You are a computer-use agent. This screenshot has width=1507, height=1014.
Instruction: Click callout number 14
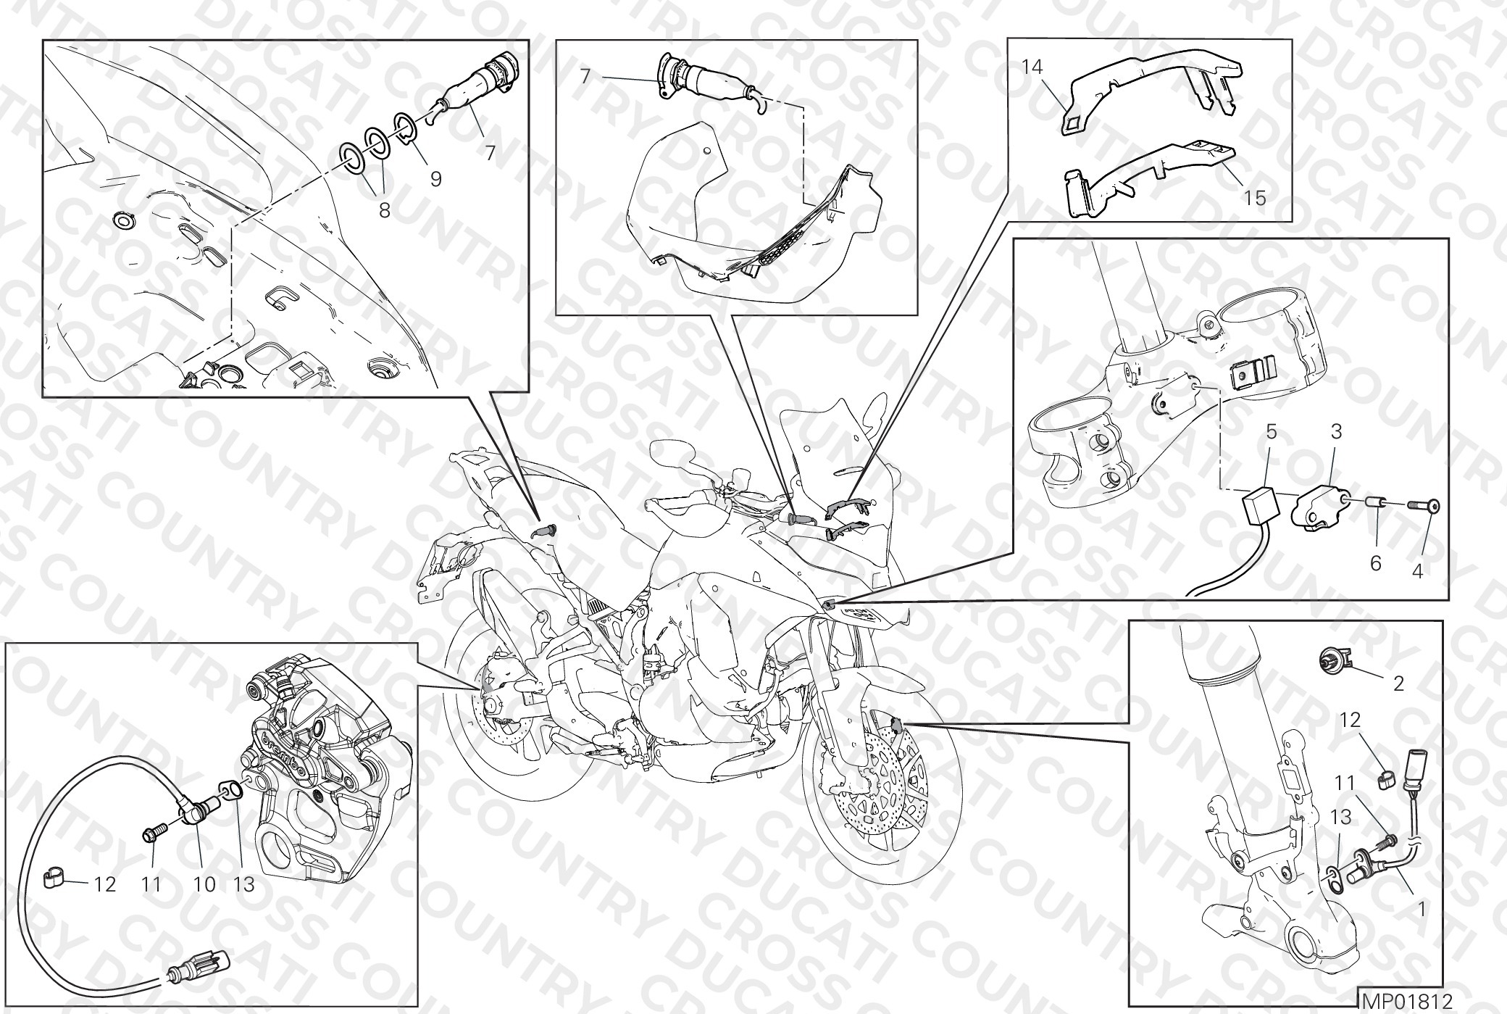[x=1032, y=68]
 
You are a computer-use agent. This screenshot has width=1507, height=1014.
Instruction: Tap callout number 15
[x=1256, y=197]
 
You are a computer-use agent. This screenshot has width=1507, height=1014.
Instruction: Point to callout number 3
[x=1337, y=432]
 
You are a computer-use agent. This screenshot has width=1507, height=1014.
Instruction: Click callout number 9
[x=435, y=178]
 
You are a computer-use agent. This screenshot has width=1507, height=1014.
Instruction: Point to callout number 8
[x=385, y=209]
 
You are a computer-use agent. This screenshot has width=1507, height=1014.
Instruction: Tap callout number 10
[x=205, y=885]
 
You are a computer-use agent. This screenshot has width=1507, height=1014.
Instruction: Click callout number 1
[x=1421, y=908]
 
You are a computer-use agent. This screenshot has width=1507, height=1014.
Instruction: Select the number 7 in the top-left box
[x=490, y=153]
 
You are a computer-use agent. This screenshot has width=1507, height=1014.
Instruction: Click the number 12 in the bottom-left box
[x=105, y=885]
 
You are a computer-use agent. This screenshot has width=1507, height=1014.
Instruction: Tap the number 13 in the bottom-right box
[x=1340, y=817]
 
